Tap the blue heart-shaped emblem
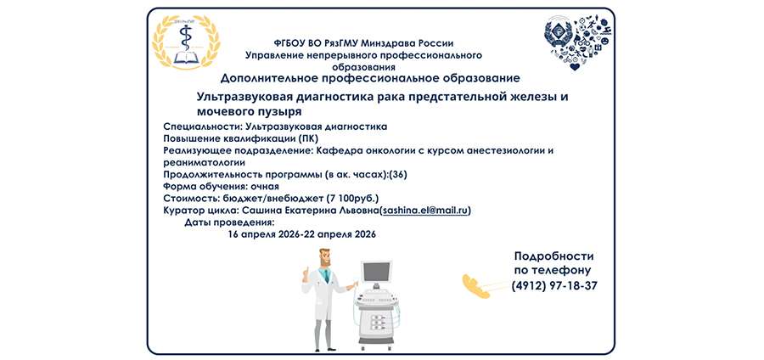[577, 43]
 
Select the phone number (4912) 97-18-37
[554, 286]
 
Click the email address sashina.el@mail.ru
[425, 210]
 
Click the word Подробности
[553, 256]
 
